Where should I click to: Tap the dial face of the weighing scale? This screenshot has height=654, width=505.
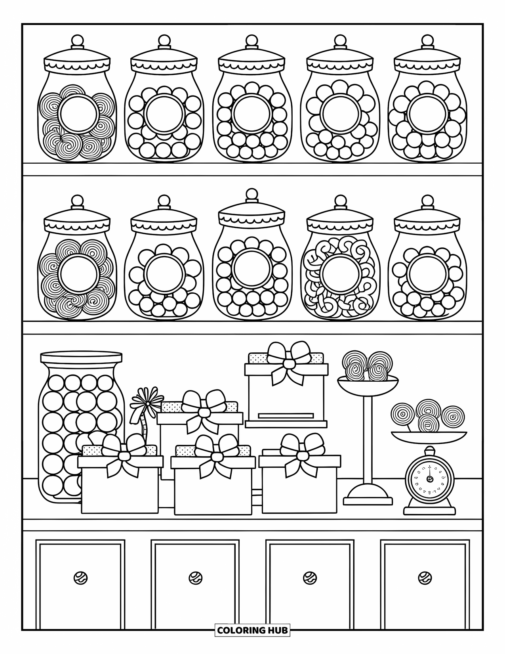(429, 479)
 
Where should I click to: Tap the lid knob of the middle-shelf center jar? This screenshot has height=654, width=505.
(252, 194)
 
